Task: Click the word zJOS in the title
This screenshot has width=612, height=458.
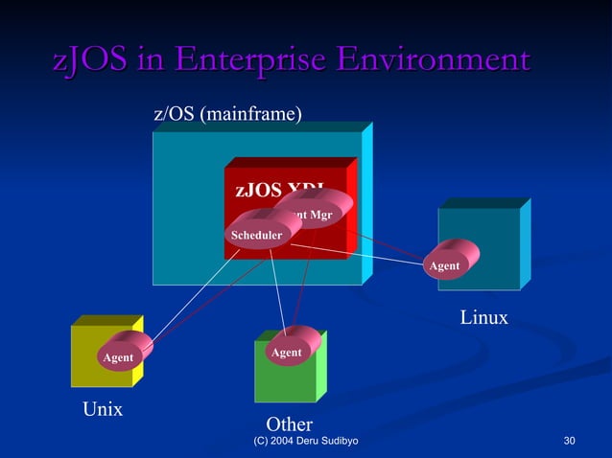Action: point(88,60)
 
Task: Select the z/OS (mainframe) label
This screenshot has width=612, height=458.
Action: point(227,114)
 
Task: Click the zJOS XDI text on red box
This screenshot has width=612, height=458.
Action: point(279,189)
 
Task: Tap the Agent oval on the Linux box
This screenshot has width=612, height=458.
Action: point(444,265)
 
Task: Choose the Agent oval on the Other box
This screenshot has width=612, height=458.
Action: point(286,353)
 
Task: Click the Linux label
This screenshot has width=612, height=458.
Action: point(483,317)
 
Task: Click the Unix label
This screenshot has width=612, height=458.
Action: point(102,409)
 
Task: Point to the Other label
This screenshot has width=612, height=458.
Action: point(289,424)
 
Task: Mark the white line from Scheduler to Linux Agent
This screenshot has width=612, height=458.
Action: point(355,253)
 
